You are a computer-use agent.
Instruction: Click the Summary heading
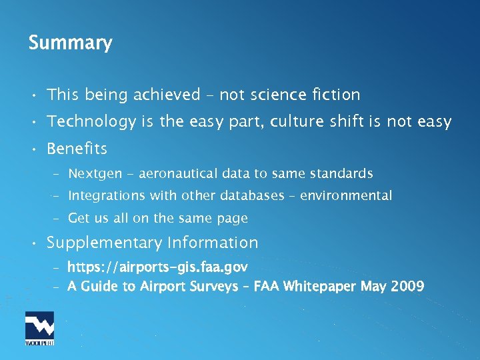(x=70, y=43)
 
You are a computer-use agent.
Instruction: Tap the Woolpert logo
(x=39, y=328)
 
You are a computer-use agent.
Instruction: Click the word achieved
(x=167, y=95)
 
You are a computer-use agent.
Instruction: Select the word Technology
(x=91, y=122)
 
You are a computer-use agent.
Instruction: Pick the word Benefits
(x=77, y=148)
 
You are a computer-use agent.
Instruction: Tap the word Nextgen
(x=95, y=174)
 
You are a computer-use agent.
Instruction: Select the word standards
(x=340, y=174)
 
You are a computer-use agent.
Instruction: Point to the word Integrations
(x=105, y=196)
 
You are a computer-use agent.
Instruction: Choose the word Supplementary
(x=105, y=243)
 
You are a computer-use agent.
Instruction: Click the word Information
(x=213, y=243)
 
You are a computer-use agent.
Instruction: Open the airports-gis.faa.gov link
(x=158, y=267)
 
